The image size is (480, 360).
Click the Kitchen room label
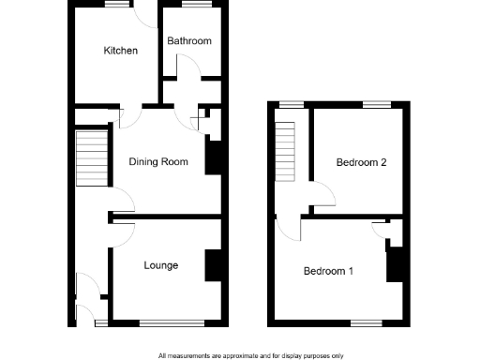point(121,51)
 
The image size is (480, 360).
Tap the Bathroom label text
point(189,41)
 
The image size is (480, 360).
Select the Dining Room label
point(158,162)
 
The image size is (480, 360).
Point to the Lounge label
point(161,265)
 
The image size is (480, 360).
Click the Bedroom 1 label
point(328,272)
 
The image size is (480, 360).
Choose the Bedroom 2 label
point(362,162)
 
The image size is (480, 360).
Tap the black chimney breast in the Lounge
point(215,264)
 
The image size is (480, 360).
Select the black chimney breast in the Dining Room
point(213,157)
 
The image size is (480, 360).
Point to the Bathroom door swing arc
point(187,66)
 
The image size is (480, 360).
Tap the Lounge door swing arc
point(123,233)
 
